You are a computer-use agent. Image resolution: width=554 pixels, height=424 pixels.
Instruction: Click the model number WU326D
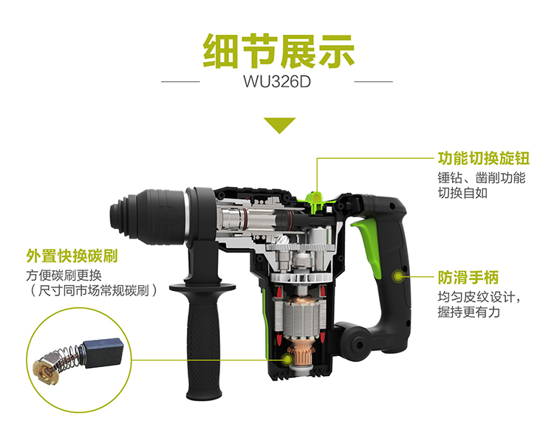coord(277,81)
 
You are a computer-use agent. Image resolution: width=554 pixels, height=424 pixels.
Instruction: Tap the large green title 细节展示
coord(278,51)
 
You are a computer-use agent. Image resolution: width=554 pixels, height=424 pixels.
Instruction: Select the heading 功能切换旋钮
coord(484,158)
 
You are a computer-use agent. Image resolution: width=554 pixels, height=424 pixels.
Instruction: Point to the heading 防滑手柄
coord(468,277)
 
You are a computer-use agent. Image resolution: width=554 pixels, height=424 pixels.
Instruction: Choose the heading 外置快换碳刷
coord(72,256)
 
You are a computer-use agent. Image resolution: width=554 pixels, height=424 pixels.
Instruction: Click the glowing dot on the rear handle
coord(399,276)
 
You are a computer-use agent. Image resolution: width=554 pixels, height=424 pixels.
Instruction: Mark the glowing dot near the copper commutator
coord(288,360)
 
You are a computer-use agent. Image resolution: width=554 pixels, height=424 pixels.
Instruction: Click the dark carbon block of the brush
coord(103,353)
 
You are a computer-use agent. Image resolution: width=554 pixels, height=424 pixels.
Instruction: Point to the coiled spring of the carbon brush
coord(68,358)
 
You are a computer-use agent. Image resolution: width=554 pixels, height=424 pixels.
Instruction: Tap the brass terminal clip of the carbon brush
coord(45,370)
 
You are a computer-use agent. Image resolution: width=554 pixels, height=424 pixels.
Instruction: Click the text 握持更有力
coord(468,312)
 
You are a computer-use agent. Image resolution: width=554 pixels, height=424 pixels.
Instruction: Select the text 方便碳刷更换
coord(64,276)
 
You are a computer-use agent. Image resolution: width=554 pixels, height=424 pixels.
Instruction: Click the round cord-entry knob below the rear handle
coord(357,343)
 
